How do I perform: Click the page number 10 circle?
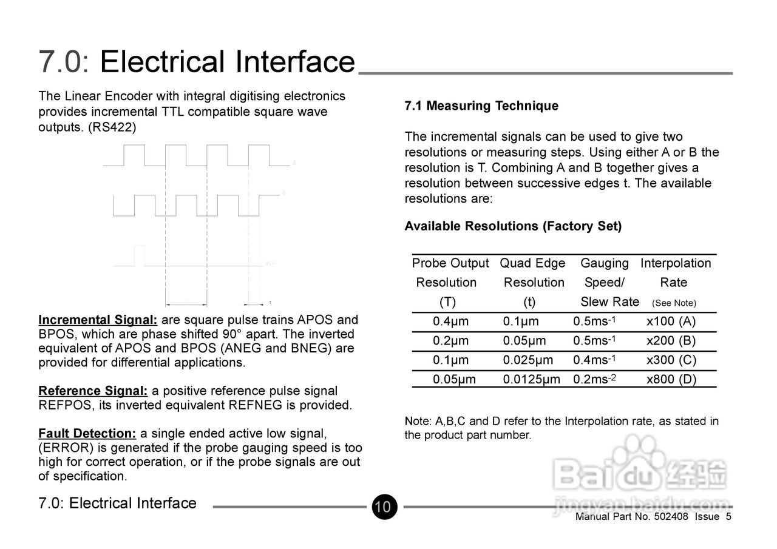coord(383,507)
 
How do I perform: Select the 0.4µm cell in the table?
coord(450,322)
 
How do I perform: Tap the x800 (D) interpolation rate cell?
coord(671,380)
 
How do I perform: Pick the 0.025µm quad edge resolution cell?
coord(528,360)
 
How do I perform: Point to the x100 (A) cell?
coord(671,322)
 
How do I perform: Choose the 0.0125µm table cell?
coord(531,380)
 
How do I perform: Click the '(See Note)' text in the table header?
coord(674,303)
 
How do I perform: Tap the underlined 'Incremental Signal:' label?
coord(98,320)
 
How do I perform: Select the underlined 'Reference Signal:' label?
coord(93,391)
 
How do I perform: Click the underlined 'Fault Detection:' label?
coord(87,434)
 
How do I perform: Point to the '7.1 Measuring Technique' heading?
coord(481,106)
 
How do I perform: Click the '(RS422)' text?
coord(112,127)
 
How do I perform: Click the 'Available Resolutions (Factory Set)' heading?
coord(513,226)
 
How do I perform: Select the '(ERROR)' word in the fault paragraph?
coord(64,448)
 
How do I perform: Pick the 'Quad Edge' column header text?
coord(532,263)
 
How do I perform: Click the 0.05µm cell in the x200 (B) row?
coord(524,341)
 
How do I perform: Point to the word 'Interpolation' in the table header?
coord(675,263)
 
